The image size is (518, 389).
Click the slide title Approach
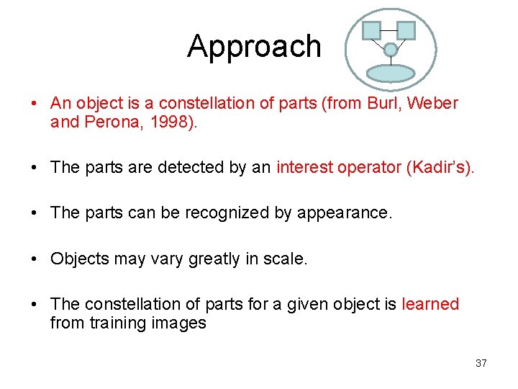click(254, 47)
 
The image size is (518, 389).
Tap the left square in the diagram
click(371, 30)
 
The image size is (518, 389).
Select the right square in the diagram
click(406, 30)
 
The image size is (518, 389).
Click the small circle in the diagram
click(390, 50)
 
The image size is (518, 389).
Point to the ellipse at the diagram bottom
click(391, 73)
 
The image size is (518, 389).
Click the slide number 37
click(481, 363)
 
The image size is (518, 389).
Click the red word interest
click(302, 168)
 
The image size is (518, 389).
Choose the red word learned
click(430, 304)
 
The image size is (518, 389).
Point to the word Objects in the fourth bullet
click(78, 259)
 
